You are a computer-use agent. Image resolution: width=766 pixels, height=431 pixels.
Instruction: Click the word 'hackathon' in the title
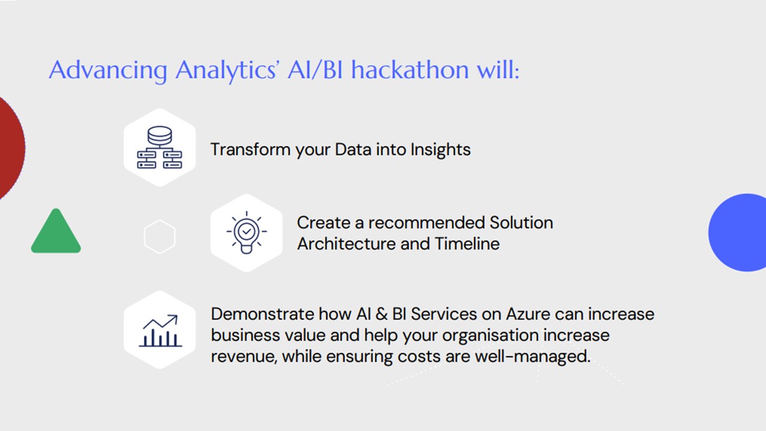410,70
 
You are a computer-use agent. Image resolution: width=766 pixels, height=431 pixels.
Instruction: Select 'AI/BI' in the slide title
315,70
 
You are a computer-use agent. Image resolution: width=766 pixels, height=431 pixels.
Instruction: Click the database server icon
159,147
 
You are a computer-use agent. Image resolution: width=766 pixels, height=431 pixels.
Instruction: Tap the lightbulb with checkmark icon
246,233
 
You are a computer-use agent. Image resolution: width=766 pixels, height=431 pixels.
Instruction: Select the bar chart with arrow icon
160,330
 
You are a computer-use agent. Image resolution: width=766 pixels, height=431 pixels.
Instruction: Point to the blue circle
738,233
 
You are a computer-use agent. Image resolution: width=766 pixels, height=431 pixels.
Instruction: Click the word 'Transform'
250,150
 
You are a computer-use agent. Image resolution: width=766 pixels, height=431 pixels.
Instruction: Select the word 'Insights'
440,150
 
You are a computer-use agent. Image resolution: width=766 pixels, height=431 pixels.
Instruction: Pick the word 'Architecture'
346,244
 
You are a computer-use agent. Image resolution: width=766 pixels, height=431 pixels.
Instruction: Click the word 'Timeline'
467,244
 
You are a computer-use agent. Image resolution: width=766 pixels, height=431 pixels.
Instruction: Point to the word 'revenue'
244,357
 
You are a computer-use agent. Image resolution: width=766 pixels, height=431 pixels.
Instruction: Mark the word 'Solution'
521,223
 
